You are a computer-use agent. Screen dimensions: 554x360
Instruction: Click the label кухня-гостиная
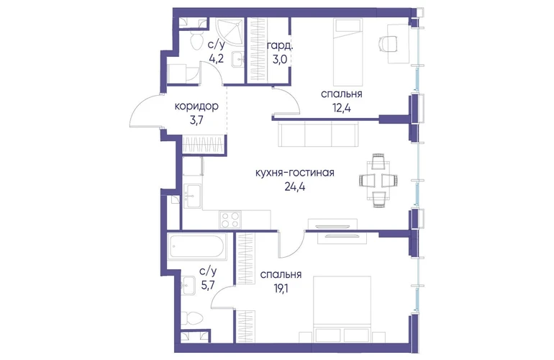(x=295, y=174)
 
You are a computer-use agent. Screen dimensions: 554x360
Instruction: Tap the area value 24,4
(x=295, y=186)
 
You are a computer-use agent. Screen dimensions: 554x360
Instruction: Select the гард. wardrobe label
(x=280, y=46)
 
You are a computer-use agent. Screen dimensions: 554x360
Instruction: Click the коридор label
(x=197, y=107)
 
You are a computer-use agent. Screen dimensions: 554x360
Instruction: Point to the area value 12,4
(x=341, y=107)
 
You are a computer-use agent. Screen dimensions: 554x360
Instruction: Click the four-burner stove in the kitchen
(x=230, y=220)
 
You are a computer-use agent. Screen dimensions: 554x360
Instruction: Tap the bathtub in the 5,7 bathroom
(x=197, y=247)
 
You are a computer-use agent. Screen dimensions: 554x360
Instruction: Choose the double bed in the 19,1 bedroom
(x=342, y=308)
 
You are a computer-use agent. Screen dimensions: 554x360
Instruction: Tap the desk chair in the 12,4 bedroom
(x=388, y=44)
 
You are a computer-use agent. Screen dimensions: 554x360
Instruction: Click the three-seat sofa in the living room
(x=318, y=134)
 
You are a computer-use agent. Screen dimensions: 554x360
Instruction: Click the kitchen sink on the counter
(x=194, y=197)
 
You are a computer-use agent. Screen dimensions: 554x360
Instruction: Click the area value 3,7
(x=196, y=120)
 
